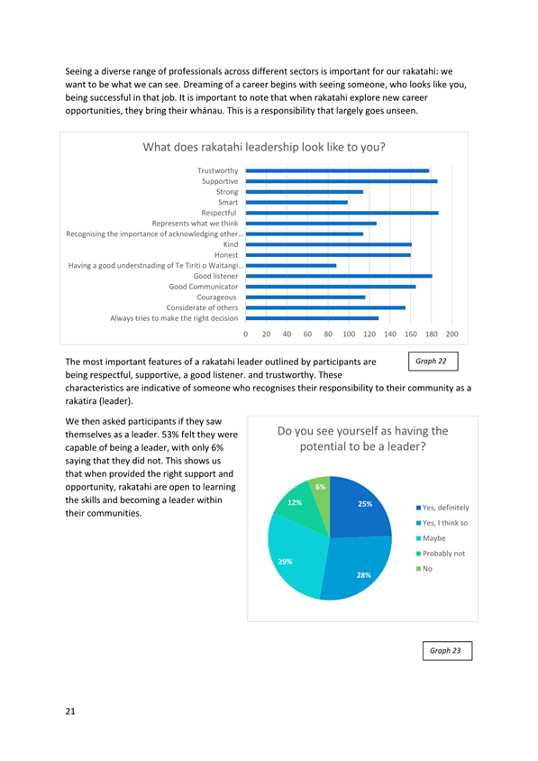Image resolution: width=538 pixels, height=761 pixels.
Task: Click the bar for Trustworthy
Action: (x=337, y=170)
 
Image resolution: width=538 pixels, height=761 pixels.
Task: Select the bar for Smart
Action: (x=296, y=202)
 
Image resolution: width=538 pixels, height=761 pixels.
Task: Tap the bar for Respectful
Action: (x=342, y=213)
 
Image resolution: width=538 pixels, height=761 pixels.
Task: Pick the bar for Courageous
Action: (x=305, y=297)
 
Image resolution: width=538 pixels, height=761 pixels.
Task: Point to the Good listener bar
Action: (x=339, y=276)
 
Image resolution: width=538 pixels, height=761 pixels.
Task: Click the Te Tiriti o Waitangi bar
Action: (x=291, y=265)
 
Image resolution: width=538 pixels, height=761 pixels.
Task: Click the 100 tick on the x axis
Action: (x=349, y=334)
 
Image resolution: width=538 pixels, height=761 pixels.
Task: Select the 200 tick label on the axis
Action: (x=451, y=334)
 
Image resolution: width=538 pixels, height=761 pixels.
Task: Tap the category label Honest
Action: (x=226, y=255)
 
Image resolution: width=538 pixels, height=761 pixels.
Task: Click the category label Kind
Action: (x=231, y=244)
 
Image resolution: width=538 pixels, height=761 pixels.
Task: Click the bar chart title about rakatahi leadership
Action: (x=264, y=147)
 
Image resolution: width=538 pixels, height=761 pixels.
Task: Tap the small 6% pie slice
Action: (x=321, y=491)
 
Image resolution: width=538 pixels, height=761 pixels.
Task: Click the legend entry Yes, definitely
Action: (x=442, y=508)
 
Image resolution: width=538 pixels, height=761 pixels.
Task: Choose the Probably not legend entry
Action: (x=441, y=554)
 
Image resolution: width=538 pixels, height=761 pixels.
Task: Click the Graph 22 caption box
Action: (x=433, y=361)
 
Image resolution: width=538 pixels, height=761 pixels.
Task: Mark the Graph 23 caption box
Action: (x=447, y=651)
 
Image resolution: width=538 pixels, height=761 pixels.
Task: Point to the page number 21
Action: (x=70, y=711)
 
